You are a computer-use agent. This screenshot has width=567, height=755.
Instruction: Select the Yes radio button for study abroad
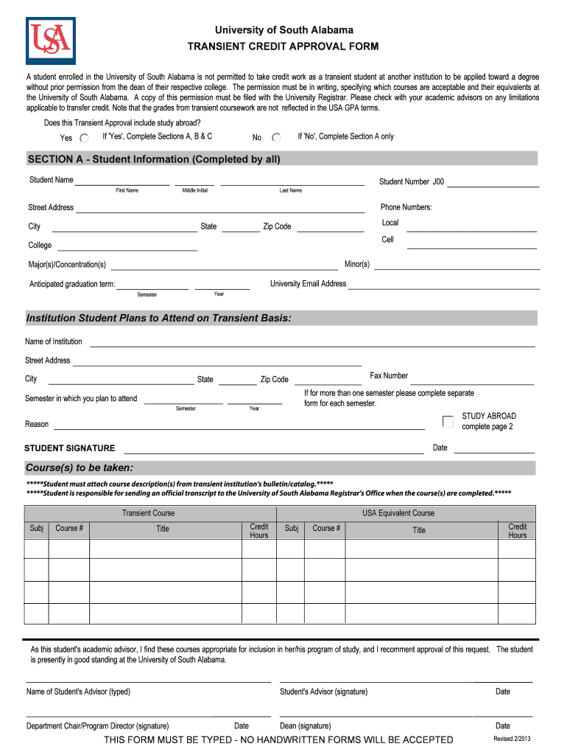[x=85, y=138]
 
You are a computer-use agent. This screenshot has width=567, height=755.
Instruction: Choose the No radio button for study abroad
[x=276, y=137]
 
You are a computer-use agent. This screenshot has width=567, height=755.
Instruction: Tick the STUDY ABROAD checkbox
[x=448, y=422]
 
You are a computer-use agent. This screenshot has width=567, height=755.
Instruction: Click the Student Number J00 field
[x=493, y=182]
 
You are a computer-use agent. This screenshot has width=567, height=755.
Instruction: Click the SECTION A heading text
[x=154, y=159]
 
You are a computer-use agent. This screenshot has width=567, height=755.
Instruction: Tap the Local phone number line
[x=471, y=226]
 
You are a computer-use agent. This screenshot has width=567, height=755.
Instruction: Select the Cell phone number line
[x=471, y=243]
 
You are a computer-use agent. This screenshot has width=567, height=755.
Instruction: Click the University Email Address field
[x=443, y=284]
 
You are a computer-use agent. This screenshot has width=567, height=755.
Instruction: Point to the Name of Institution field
[x=312, y=342]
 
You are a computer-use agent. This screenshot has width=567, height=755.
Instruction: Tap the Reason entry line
[x=239, y=425]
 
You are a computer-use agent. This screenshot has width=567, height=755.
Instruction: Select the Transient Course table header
[x=149, y=513]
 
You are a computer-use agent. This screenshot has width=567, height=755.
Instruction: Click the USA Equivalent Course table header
[x=398, y=513]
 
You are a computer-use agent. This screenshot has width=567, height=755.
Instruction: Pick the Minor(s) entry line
[x=456, y=265]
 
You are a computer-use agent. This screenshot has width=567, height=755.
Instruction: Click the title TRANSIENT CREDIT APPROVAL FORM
[x=283, y=47]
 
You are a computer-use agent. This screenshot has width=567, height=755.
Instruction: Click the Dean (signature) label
[x=306, y=726]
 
